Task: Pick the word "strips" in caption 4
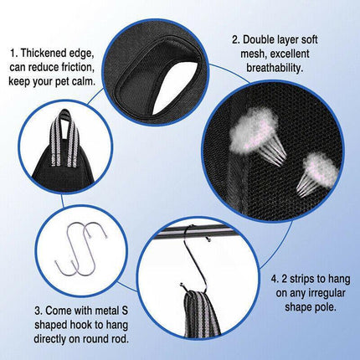(291, 276)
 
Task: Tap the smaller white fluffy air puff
(317, 167)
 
